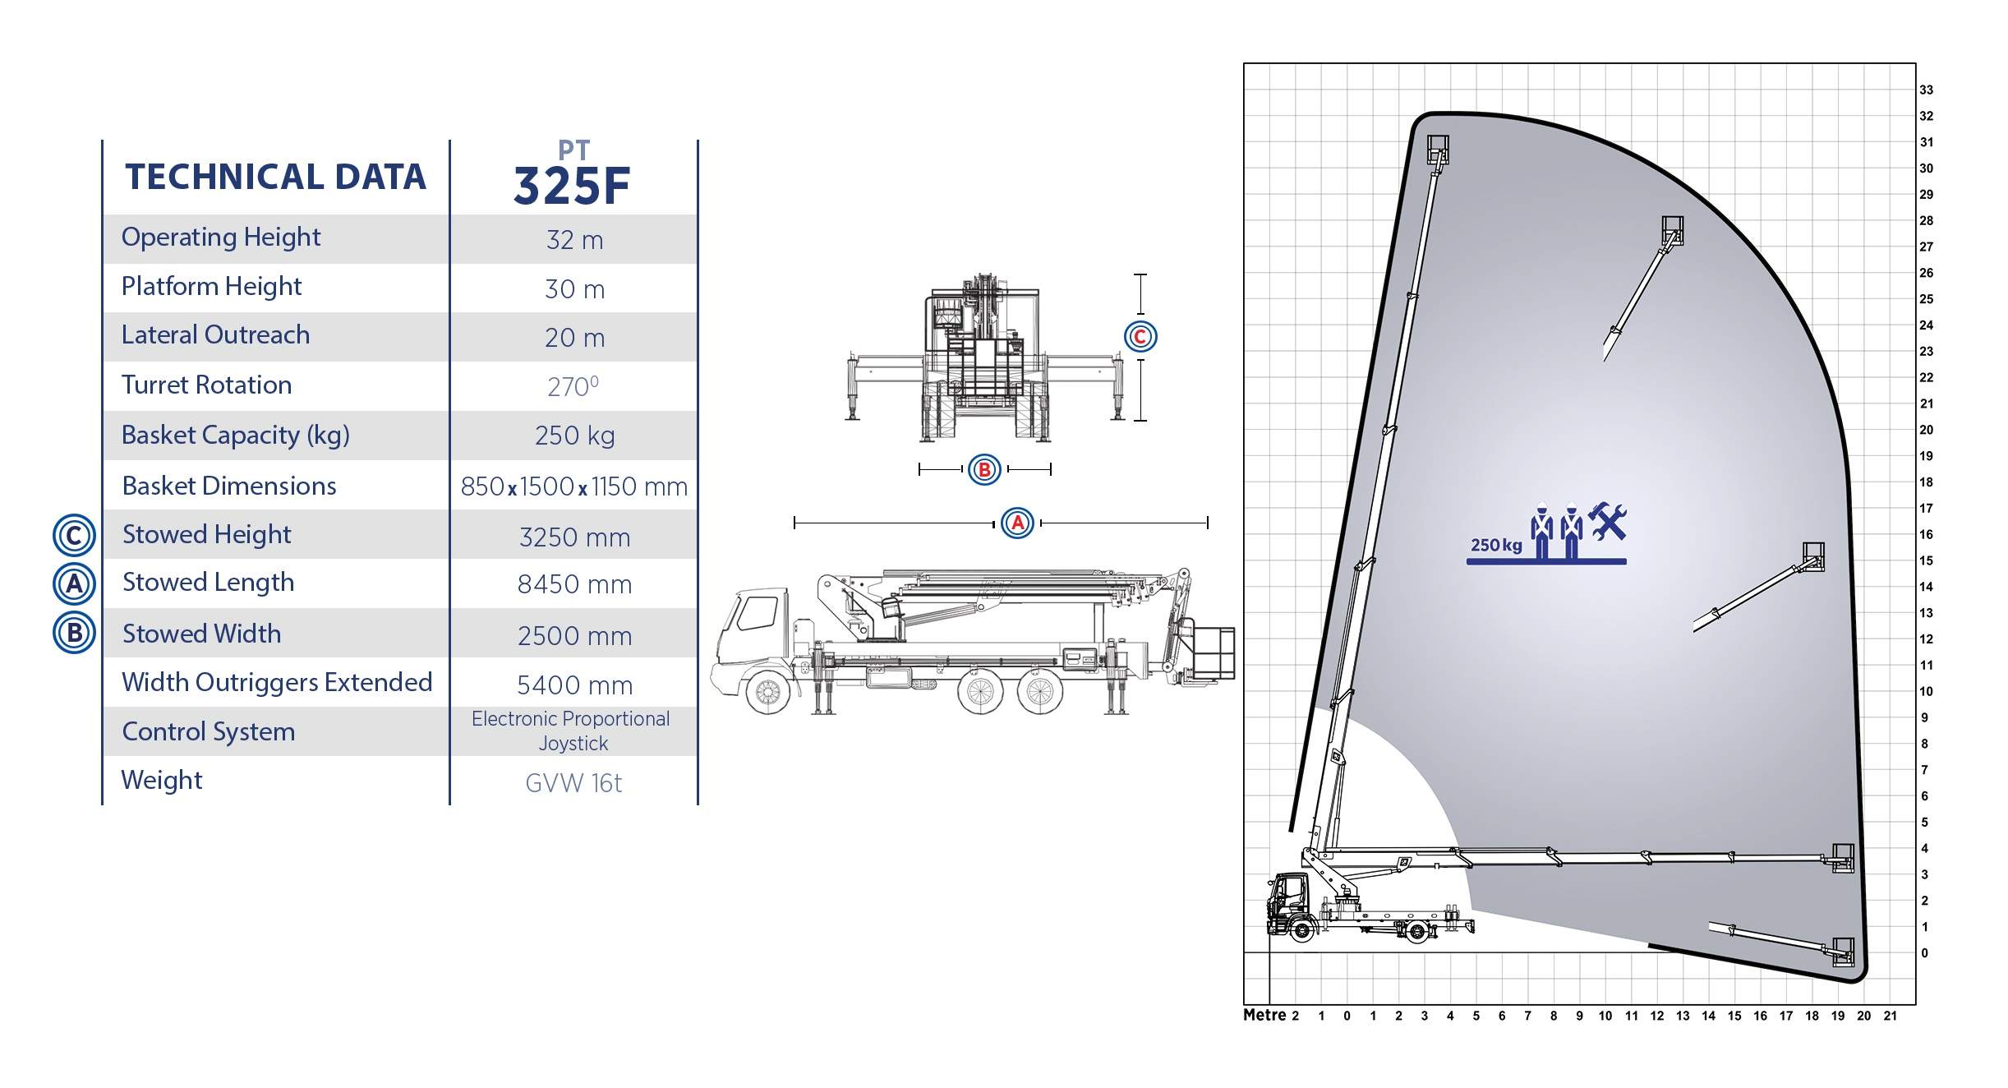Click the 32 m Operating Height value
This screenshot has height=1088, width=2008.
pyautogui.click(x=574, y=240)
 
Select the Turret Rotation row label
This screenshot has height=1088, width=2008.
pyautogui.click(x=206, y=385)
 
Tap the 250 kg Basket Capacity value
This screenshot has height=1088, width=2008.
pyautogui.click(x=574, y=436)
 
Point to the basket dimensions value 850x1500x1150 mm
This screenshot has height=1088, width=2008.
pyautogui.click(x=573, y=486)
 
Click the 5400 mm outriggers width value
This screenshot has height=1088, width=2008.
pyautogui.click(x=574, y=685)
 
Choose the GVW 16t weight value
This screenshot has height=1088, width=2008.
pyautogui.click(x=573, y=783)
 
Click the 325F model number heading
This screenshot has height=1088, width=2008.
pyautogui.click(x=572, y=186)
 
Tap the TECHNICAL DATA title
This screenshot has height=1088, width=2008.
pyautogui.click(x=275, y=177)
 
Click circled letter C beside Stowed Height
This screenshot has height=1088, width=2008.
pyautogui.click(x=74, y=536)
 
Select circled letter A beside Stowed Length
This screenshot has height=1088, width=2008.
pyautogui.click(x=74, y=584)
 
